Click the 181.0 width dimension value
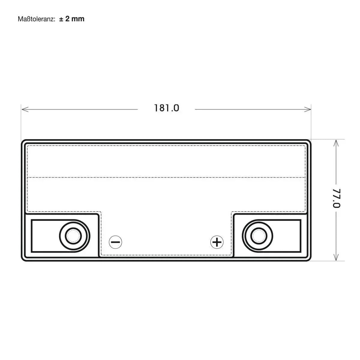pyautogui.click(x=166, y=108)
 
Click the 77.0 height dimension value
pyautogui.click(x=336, y=198)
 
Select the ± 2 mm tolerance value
pyautogui.click(x=72, y=19)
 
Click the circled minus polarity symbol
pyautogui.click(x=115, y=242)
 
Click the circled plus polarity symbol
pyautogui.click(x=217, y=242)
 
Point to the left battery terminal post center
pyautogui.click(x=73, y=236)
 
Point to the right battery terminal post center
pyautogui.click(x=259, y=236)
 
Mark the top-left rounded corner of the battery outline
pyautogui.click(x=23, y=141)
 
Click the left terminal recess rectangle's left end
pyautogui.click(x=31, y=236)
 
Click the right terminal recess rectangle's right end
pyautogui.click(x=301, y=236)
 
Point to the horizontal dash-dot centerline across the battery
pyautogui.click(x=166, y=178)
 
